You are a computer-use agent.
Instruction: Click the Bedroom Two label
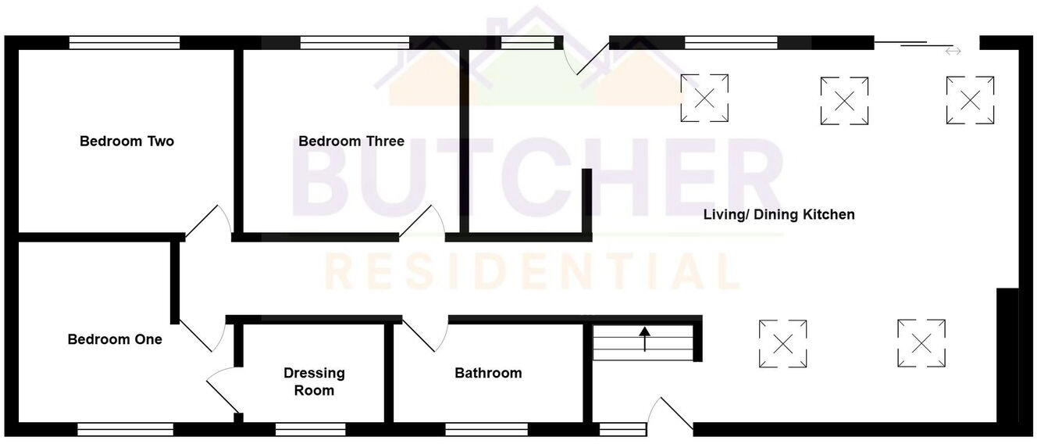click(x=127, y=141)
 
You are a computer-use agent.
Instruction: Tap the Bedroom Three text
click(x=351, y=141)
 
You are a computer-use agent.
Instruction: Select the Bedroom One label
click(x=115, y=339)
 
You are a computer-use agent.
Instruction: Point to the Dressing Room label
click(x=314, y=381)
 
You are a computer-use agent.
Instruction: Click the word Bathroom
click(x=488, y=373)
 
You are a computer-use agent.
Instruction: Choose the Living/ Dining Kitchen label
click(x=779, y=214)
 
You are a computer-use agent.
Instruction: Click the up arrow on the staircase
click(x=644, y=338)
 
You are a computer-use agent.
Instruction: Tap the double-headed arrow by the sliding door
click(x=953, y=52)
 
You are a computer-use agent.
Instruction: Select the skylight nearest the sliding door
click(x=970, y=99)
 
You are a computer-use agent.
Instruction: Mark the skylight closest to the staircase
click(x=782, y=343)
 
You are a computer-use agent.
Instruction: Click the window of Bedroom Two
click(x=124, y=43)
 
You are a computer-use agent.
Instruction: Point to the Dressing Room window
click(x=310, y=428)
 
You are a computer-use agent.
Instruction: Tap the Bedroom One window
click(x=125, y=428)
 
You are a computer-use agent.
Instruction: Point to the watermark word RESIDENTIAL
click(x=531, y=271)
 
